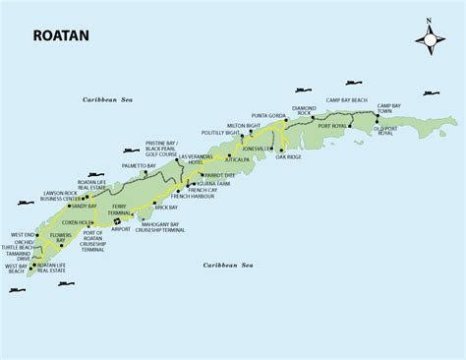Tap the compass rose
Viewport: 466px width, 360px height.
coord(430,38)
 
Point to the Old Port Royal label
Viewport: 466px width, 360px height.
coord(387,134)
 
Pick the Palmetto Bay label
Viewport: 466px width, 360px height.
coord(139,166)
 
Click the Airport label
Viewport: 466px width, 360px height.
coord(121,229)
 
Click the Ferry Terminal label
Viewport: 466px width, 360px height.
coord(120,212)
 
